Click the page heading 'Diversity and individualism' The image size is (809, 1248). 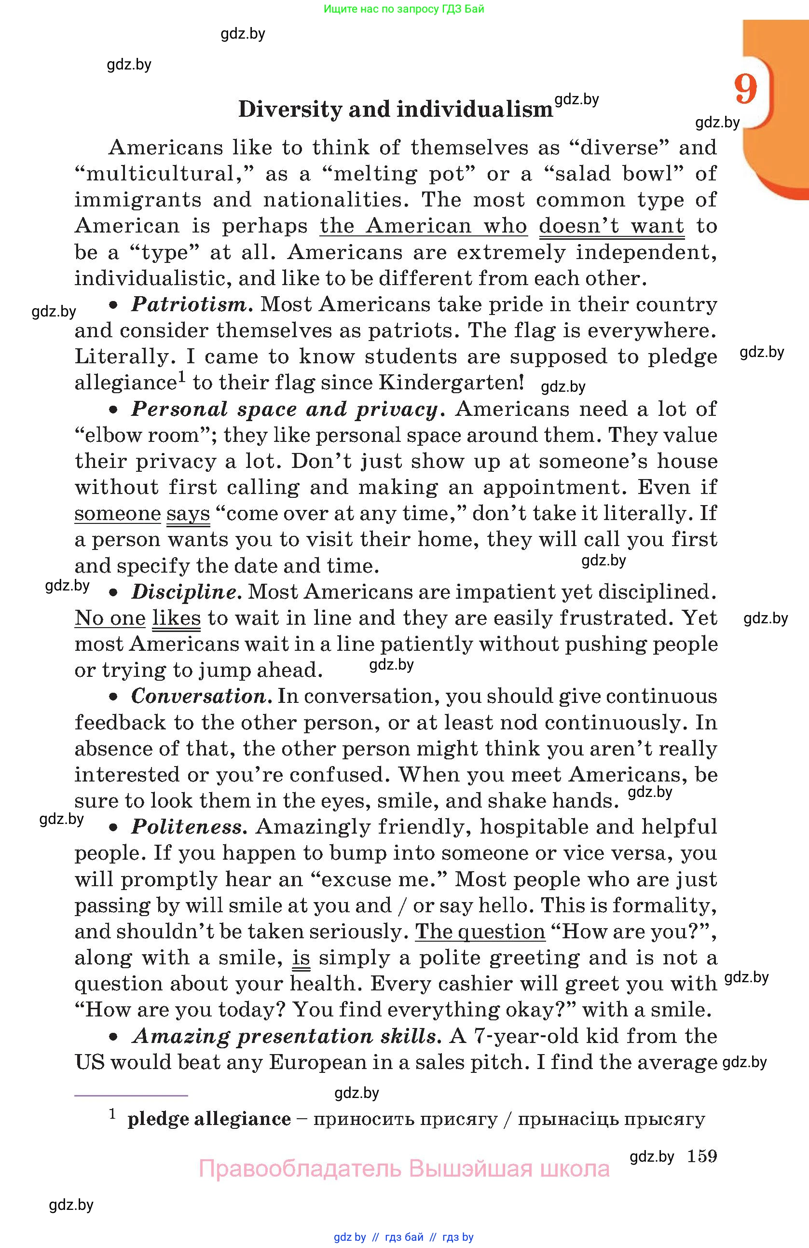[x=395, y=109]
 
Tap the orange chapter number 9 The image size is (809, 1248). [x=745, y=89]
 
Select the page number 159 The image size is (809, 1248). [x=701, y=1156]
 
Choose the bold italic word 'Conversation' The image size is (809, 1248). [x=200, y=697]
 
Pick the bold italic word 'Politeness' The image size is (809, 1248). [x=187, y=827]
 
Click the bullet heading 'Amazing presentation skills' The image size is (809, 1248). [x=284, y=1036]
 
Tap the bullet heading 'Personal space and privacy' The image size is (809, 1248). [x=284, y=409]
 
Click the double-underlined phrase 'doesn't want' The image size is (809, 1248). [x=611, y=226]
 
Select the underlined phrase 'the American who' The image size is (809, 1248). [x=423, y=226]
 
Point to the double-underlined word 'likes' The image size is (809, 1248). [x=176, y=618]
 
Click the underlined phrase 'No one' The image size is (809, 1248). [x=110, y=618]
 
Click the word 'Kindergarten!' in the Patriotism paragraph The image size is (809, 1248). [x=451, y=383]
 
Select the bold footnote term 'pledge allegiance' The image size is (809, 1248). [x=209, y=1119]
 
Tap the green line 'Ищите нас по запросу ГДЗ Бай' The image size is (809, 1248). [x=404, y=9]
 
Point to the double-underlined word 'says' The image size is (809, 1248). [x=188, y=513]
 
